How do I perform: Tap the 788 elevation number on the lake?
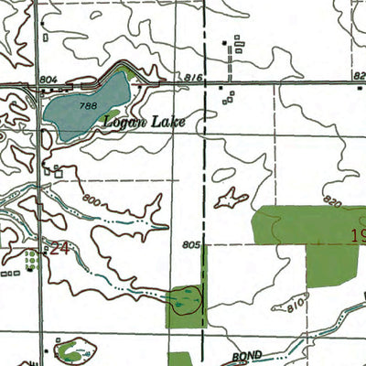pyautogui.click(x=88, y=106)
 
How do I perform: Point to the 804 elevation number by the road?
pyautogui.click(x=48, y=81)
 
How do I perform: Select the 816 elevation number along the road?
pyautogui.click(x=191, y=79)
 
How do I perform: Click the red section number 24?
pyautogui.click(x=60, y=248)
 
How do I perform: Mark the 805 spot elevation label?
pyautogui.click(x=190, y=245)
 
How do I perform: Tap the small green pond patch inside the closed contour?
pyautogui.click(x=186, y=299)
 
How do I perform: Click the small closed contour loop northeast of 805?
pyautogui.click(x=231, y=197)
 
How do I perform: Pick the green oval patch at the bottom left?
pyautogui.click(x=75, y=349)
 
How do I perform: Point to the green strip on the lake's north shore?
pyautogui.click(x=123, y=71)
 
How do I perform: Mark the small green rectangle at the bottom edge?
pyautogui.click(x=178, y=359)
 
